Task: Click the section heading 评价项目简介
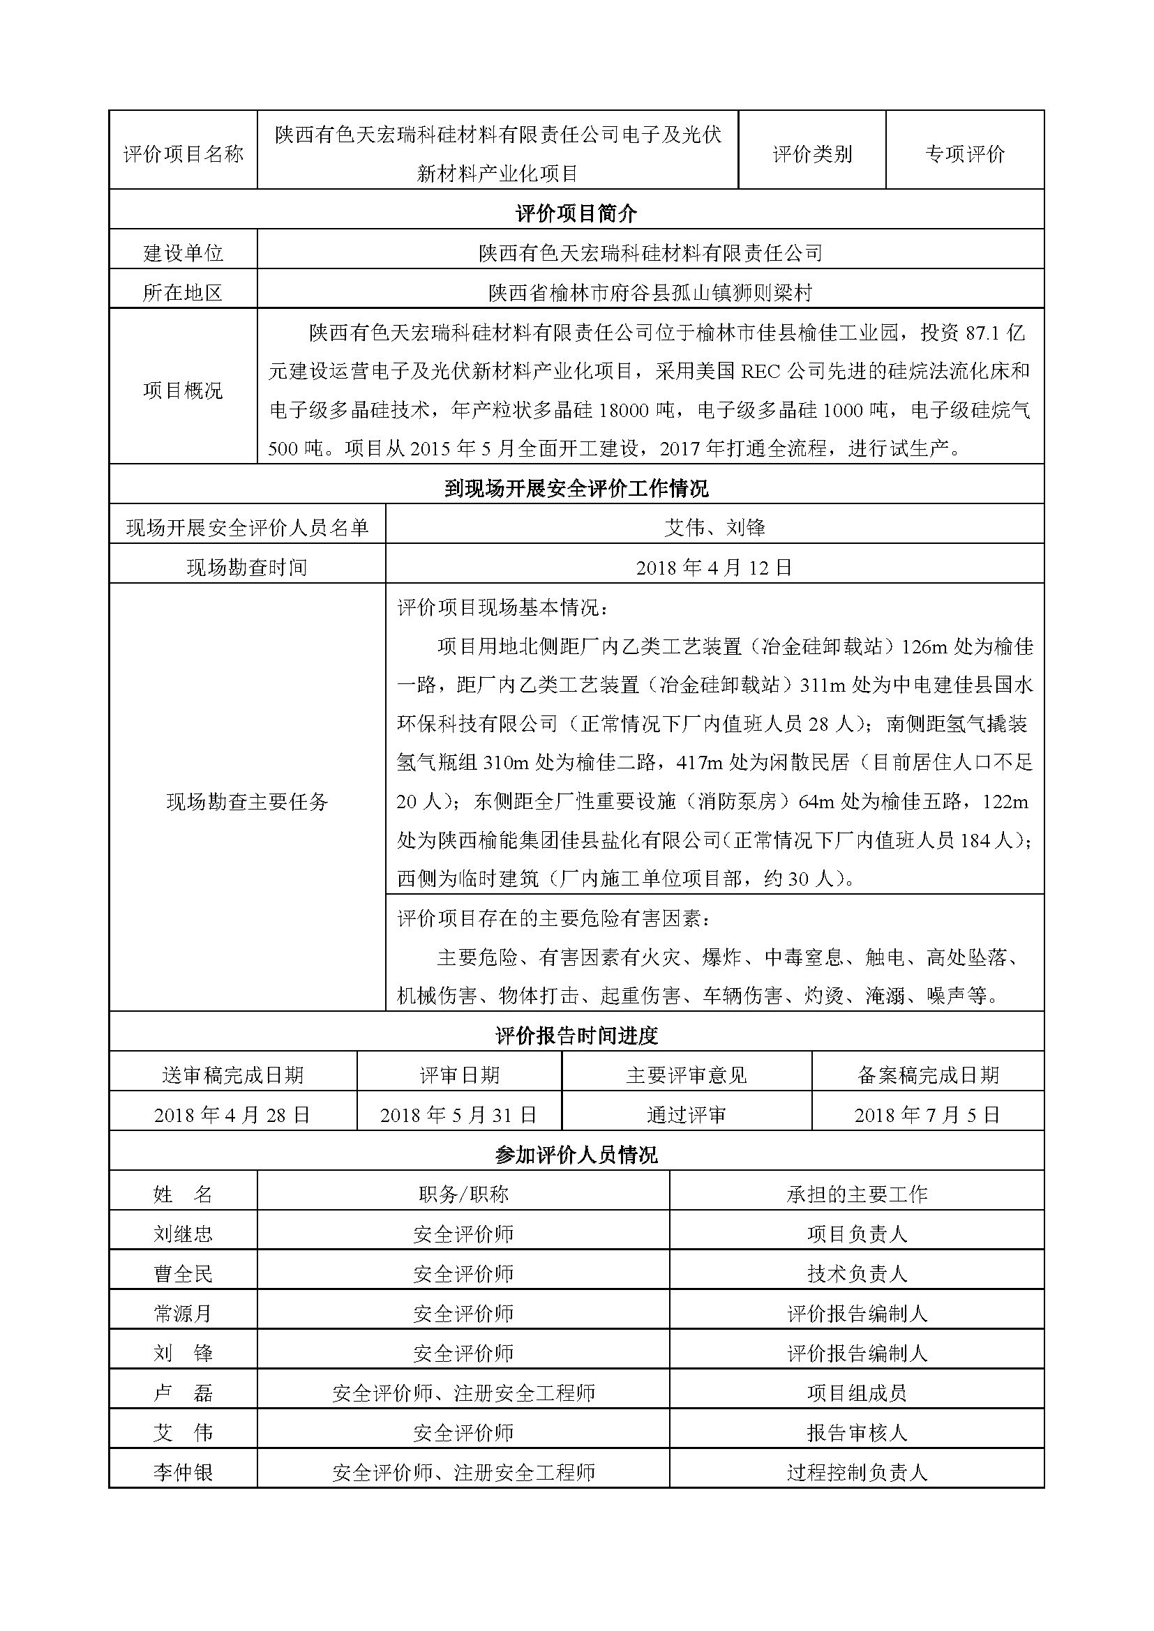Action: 576,213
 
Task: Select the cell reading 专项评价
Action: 964,153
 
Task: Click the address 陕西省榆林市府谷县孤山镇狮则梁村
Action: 650,292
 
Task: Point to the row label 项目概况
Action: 183,390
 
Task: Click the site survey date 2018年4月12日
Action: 714,567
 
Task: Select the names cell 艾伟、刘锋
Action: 714,527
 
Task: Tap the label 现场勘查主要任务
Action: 247,801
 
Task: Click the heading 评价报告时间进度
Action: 576,1036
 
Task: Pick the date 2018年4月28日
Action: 232,1114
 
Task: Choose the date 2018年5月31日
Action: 458,1114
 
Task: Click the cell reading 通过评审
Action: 687,1114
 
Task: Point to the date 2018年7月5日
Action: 927,1114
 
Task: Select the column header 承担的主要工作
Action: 857,1194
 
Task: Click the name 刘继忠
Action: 183,1234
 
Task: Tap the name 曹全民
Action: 183,1274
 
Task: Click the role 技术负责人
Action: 857,1274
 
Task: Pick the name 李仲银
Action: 183,1473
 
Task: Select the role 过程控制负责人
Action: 857,1473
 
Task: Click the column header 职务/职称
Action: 463,1194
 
